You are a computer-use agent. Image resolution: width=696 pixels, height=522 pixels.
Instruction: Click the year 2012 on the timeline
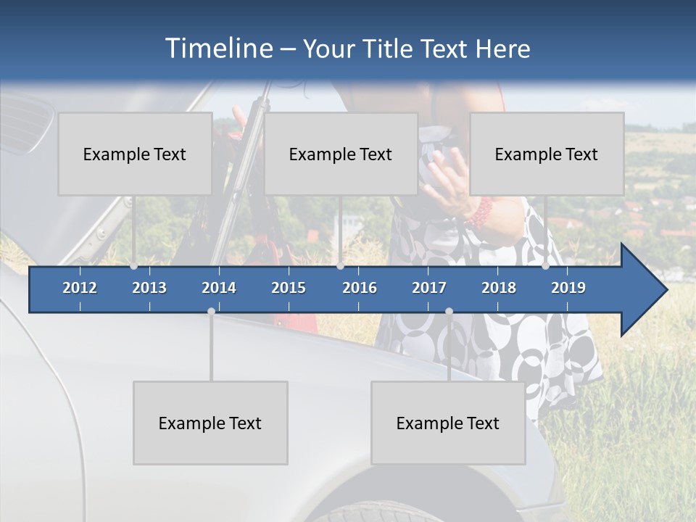(80, 288)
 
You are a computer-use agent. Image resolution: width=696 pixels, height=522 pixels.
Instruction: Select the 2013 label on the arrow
(149, 288)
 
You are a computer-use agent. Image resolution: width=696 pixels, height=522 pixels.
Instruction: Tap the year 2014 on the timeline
(219, 288)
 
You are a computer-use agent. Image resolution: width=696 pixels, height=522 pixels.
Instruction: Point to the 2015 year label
(289, 288)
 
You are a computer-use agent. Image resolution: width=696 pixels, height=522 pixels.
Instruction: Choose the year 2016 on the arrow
(360, 288)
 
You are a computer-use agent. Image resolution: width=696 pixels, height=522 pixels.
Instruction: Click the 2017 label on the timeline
(429, 288)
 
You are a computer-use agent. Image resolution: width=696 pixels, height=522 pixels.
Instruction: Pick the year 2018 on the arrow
(499, 288)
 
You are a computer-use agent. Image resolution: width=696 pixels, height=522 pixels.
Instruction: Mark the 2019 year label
(568, 288)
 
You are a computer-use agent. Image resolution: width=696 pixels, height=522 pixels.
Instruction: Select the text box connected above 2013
(135, 154)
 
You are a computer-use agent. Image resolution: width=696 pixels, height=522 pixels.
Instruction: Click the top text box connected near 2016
(341, 154)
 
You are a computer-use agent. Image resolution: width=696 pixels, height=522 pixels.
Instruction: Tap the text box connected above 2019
(547, 154)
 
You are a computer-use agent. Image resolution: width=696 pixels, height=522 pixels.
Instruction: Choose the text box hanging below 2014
(210, 423)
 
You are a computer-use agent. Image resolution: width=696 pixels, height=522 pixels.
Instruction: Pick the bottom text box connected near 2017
(448, 423)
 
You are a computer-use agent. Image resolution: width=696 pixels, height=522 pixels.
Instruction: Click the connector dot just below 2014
(211, 311)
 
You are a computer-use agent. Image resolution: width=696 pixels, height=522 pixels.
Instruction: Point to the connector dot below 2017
(449, 311)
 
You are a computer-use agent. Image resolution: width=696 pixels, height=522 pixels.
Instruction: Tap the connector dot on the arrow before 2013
(134, 266)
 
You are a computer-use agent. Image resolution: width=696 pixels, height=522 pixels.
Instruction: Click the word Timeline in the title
(218, 48)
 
